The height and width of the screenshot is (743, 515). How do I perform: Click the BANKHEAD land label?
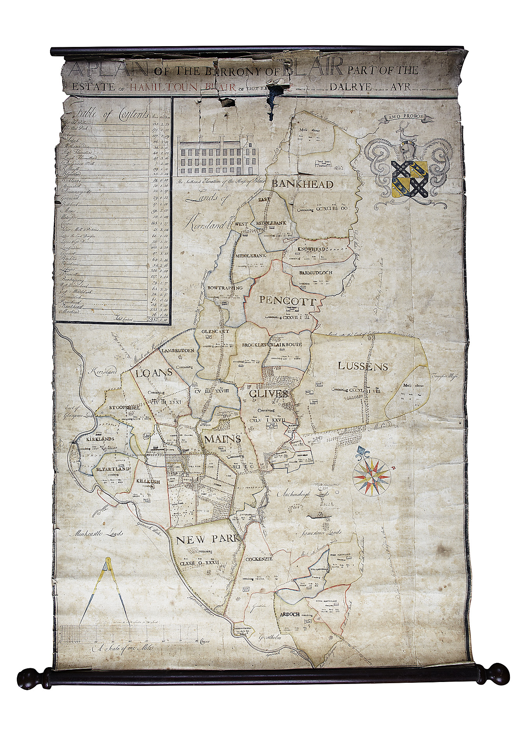tap(308, 184)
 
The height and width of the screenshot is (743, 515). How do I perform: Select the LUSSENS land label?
tap(363, 366)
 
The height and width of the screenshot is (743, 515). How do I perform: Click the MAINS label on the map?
tap(222, 439)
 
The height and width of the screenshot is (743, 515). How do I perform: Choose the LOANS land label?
tap(154, 373)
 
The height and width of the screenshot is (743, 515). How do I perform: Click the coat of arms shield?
tap(409, 178)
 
